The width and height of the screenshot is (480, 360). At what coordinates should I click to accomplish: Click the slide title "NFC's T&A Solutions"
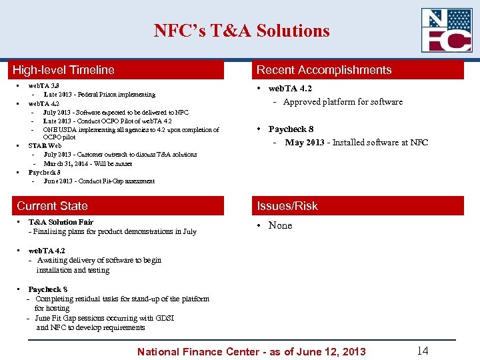(241, 31)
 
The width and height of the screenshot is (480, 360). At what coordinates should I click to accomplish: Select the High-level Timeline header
(64, 70)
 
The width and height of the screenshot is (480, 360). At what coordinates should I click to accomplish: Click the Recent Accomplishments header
(324, 70)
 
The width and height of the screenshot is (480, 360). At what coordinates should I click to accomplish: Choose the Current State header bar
(52, 206)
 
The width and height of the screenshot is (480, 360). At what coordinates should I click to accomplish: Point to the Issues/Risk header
(287, 206)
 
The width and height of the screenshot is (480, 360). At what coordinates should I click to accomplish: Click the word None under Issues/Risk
(280, 225)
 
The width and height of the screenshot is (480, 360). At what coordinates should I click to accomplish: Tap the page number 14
(422, 351)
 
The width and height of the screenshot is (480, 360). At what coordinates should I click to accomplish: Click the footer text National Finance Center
(251, 351)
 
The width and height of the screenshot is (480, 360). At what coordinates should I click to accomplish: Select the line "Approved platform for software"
(343, 102)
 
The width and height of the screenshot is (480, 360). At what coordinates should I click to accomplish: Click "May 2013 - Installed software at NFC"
(356, 143)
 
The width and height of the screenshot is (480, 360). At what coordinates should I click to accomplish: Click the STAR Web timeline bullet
(45, 145)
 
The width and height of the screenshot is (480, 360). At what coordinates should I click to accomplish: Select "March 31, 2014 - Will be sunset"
(87, 163)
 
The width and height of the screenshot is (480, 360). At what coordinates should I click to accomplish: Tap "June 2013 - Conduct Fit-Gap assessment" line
(99, 181)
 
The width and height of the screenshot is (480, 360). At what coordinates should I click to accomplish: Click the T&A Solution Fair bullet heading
(61, 222)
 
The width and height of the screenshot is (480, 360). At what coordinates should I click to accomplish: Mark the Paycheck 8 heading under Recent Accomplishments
(291, 129)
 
